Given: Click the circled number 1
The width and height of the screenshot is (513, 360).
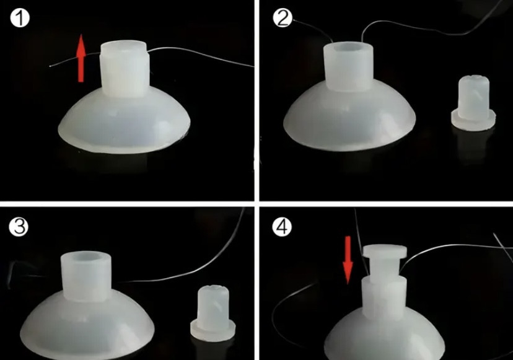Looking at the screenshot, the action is coord(20,19).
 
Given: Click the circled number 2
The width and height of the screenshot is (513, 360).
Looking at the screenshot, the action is coord(283,18).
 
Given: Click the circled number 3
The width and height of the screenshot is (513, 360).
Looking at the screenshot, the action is coord(19,227).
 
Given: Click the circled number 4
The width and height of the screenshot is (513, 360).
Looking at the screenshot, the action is coord(282,227).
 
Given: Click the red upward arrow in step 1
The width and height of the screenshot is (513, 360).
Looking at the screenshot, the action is coord(81,58).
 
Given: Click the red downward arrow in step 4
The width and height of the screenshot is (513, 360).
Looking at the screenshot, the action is coord(348,260).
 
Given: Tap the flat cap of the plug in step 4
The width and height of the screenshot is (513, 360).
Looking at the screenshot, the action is coord(385,252).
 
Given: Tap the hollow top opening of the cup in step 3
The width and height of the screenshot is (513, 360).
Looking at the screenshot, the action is coord(86,258).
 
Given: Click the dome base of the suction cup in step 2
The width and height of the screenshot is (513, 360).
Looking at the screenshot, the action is coord(349,120).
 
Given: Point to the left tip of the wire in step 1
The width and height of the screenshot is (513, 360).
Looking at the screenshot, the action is coord(50,66).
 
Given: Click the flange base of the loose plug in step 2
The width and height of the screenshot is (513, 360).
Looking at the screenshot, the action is coord(473,121).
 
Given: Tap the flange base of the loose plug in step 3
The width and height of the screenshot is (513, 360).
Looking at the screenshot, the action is coord(213,331).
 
